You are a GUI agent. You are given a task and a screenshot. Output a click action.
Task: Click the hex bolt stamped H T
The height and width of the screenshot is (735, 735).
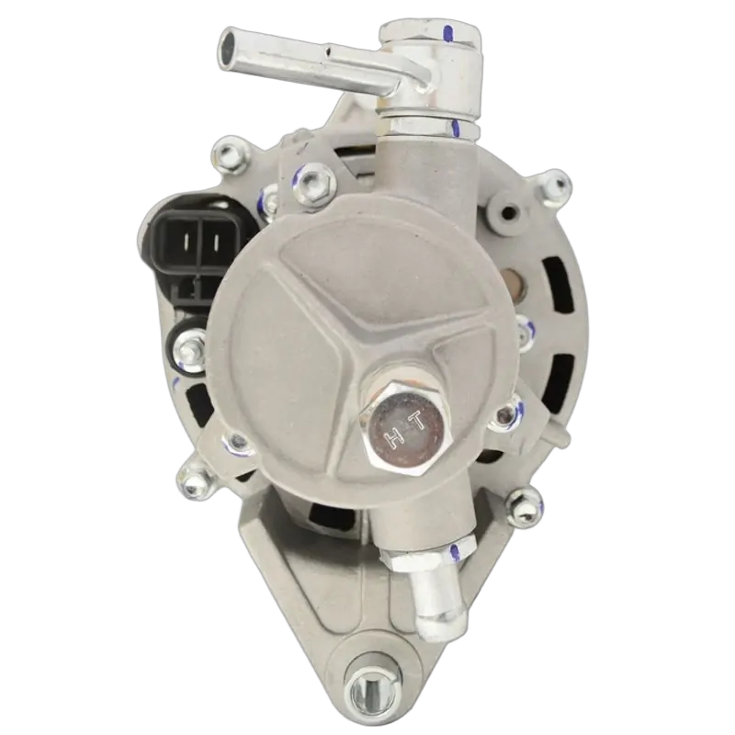pos(403,429)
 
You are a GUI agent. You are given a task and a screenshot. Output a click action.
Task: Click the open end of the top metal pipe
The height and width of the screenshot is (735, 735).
pos(230,43)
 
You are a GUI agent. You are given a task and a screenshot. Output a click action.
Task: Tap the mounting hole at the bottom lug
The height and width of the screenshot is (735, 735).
pos(373,691)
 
